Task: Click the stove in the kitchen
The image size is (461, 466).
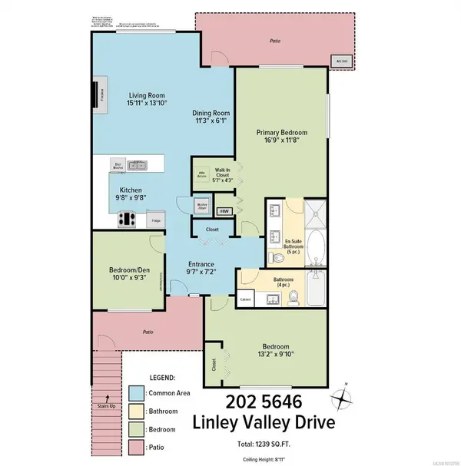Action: tap(128, 219)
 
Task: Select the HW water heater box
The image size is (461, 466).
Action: tap(225, 211)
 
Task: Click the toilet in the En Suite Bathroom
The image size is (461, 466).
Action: tap(275, 257)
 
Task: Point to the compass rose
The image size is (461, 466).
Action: tap(343, 399)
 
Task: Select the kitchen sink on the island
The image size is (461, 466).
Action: tap(138, 164)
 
